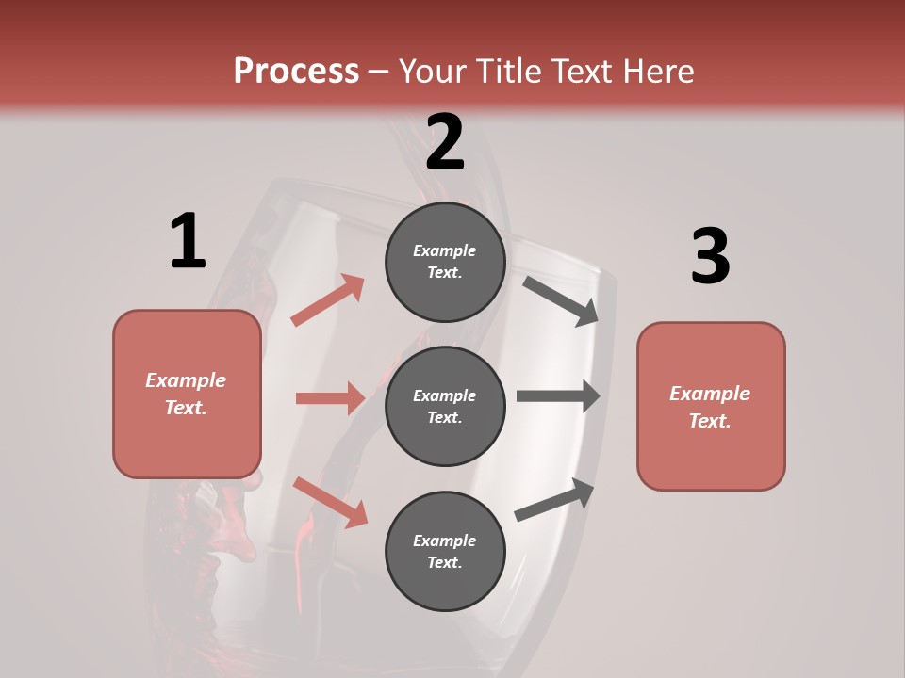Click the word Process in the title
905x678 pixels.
pos(296,72)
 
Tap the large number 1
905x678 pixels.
pos(188,242)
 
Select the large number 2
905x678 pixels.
pos(445,142)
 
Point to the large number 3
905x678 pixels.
pos(711,257)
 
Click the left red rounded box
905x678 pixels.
pos(187,394)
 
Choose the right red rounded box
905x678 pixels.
pos(711,407)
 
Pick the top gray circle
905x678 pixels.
pos(445,262)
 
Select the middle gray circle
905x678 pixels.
pos(445,406)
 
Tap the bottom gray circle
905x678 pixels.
pos(445,551)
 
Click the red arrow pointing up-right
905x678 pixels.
pos(328,300)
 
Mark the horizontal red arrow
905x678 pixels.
pos(330,398)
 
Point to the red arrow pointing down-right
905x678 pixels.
pos(330,502)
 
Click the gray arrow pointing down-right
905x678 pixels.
pos(561,300)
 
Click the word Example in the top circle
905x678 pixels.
pos(445,250)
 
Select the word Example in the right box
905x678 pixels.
pos(710,394)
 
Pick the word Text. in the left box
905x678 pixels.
pos(186,408)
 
